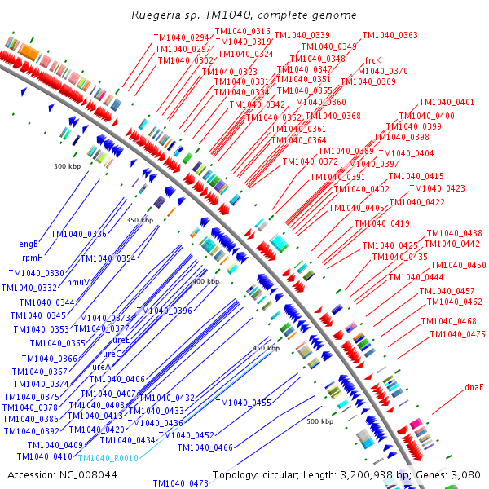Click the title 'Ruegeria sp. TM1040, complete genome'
tap(244, 15)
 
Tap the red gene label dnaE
tap(474, 387)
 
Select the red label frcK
tap(372, 60)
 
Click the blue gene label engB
tap(29, 244)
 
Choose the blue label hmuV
tap(77, 282)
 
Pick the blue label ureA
tap(101, 367)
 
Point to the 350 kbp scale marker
tap(139, 220)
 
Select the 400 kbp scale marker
tap(205, 281)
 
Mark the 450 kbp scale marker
tap(266, 348)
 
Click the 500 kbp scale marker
tap(319, 421)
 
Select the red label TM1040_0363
tap(390, 36)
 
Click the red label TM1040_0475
tap(457, 334)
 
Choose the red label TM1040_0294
tap(182, 38)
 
